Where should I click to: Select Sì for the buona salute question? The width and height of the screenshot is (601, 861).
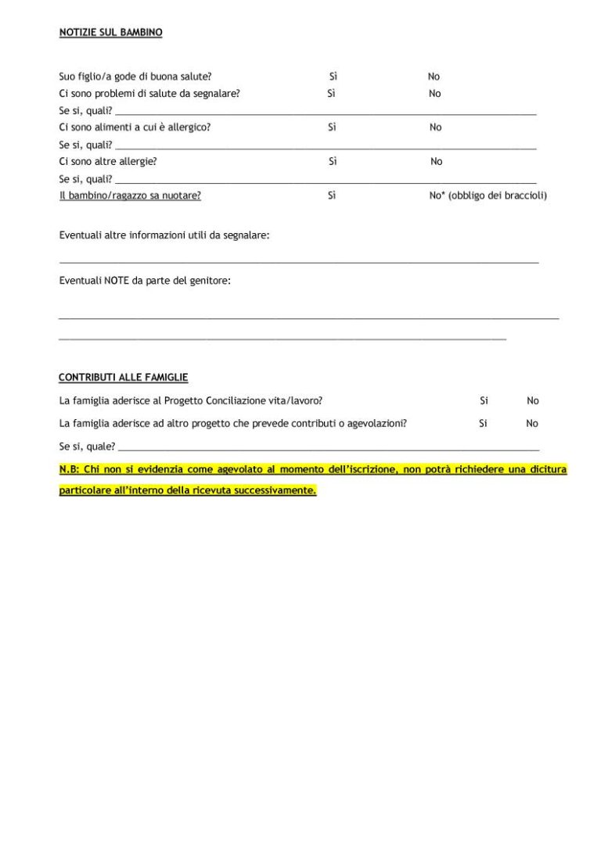[333, 77]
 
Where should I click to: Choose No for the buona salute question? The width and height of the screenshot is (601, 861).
[434, 77]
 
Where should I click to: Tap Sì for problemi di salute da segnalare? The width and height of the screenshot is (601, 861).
[331, 94]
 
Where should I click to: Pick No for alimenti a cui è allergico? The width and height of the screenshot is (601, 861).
[435, 127]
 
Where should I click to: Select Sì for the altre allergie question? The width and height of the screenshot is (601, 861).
[333, 162]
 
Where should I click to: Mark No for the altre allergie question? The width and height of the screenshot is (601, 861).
[436, 162]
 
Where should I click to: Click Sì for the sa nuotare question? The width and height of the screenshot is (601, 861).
[332, 196]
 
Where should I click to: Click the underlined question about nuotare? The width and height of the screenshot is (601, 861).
[130, 196]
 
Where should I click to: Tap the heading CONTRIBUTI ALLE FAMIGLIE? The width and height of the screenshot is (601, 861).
[123, 378]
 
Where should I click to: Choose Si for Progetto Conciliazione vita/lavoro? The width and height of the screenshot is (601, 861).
[484, 401]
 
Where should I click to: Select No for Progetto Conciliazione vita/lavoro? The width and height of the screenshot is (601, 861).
[532, 401]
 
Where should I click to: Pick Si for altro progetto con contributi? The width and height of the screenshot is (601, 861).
[483, 424]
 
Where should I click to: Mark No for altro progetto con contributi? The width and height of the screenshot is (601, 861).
[532, 424]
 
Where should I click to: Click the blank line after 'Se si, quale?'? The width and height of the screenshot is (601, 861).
[329, 450]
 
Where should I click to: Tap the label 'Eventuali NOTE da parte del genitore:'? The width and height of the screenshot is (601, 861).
[145, 280]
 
